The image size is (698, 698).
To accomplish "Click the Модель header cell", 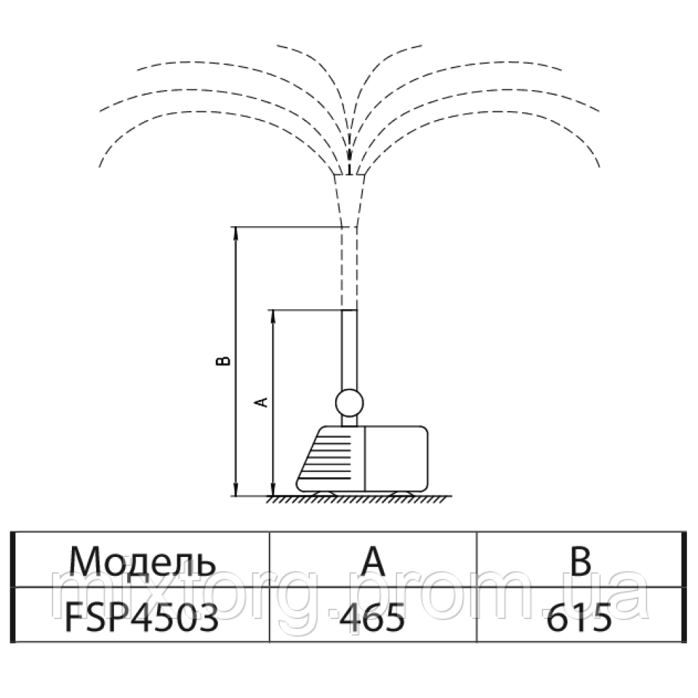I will [142, 560].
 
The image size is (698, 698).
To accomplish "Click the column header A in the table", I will [373, 560].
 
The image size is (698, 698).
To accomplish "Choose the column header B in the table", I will [579, 560].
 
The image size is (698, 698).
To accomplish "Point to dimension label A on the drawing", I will [262, 402].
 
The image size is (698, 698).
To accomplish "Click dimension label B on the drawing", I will [223, 361].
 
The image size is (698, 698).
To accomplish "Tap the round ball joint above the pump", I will [348, 403].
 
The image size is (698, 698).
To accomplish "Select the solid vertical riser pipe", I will [348, 349].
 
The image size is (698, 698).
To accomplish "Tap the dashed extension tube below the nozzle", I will [348, 269].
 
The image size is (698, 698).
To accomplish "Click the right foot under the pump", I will [401, 494].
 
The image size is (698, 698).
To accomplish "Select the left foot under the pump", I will [322, 494].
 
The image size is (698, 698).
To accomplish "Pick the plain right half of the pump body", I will [396, 458].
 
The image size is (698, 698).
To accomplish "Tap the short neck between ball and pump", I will [348, 421].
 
